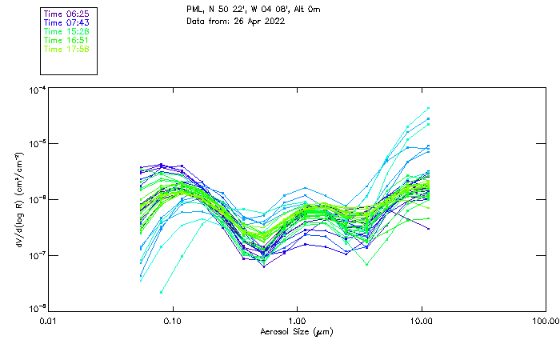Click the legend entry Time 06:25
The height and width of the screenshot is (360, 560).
pyautogui.click(x=66, y=14)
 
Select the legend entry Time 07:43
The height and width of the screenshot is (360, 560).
pyautogui.click(x=66, y=22)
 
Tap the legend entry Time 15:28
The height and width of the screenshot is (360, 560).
pyautogui.click(x=66, y=31)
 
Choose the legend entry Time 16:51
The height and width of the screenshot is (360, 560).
pyautogui.click(x=66, y=40)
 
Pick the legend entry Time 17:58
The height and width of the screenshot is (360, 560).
pyautogui.click(x=66, y=49)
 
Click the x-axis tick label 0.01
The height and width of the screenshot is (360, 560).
pyautogui.click(x=49, y=321)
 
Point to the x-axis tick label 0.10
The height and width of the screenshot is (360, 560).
pyautogui.click(x=173, y=321)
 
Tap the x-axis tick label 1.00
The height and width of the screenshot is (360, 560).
pyautogui.click(x=297, y=321)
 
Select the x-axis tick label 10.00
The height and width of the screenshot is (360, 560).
pyautogui.click(x=421, y=321)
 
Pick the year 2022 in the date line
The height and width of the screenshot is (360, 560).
pyautogui.click(x=273, y=21)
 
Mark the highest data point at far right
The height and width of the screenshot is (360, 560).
pyautogui.click(x=428, y=108)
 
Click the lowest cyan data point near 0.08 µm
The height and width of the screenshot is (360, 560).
pyautogui.click(x=162, y=293)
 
